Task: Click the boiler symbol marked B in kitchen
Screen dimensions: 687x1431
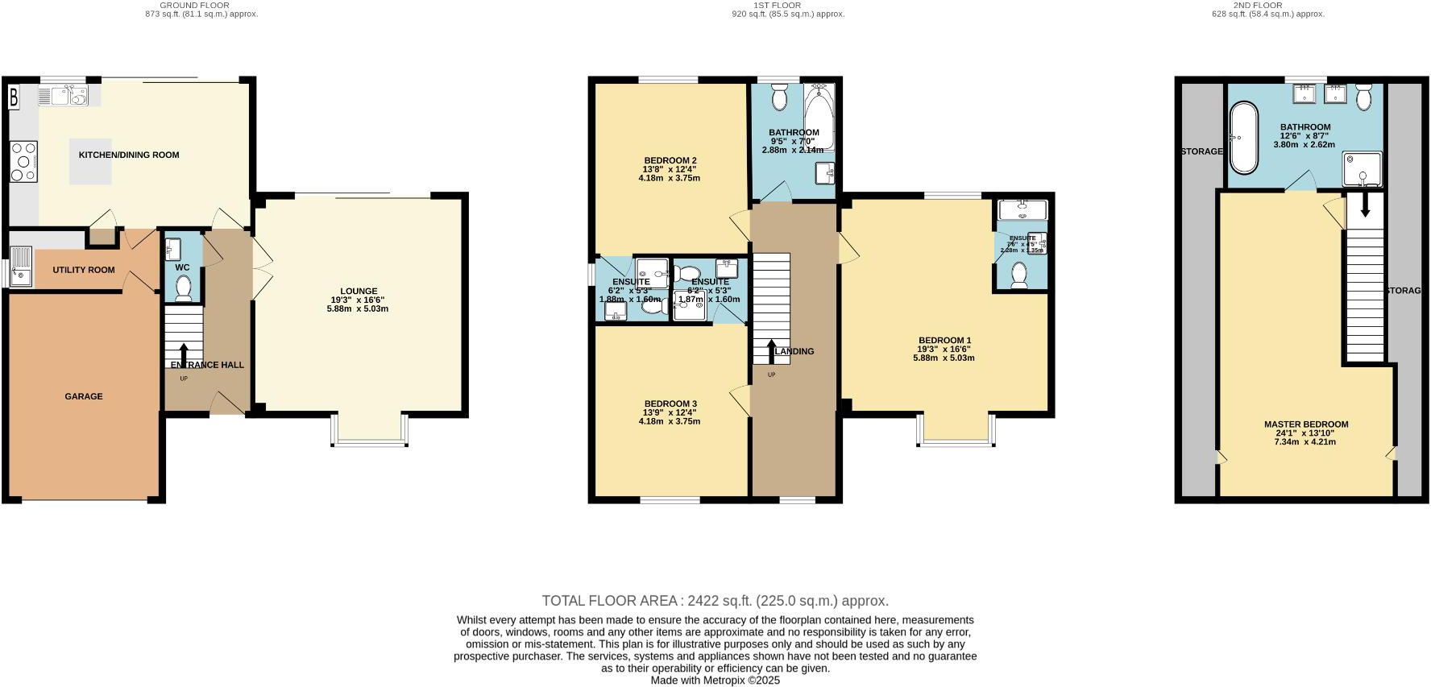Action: point(14,98)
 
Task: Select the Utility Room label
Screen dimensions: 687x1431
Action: point(84,271)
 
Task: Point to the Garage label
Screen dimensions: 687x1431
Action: point(84,396)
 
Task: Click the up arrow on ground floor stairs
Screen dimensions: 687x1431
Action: point(184,354)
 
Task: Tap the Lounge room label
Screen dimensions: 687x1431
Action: point(359,292)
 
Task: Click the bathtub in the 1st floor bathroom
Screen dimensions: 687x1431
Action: point(819,121)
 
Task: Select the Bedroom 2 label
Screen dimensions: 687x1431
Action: point(670,159)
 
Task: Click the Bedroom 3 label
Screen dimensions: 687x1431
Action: point(670,404)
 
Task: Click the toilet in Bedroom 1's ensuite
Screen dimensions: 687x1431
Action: point(1019,275)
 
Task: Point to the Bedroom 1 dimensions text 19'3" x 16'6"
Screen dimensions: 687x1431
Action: point(944,349)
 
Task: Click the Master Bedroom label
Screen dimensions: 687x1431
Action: point(1305,424)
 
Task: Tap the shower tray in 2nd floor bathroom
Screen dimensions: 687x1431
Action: point(1362,171)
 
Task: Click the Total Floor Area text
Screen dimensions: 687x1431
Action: point(715,601)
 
